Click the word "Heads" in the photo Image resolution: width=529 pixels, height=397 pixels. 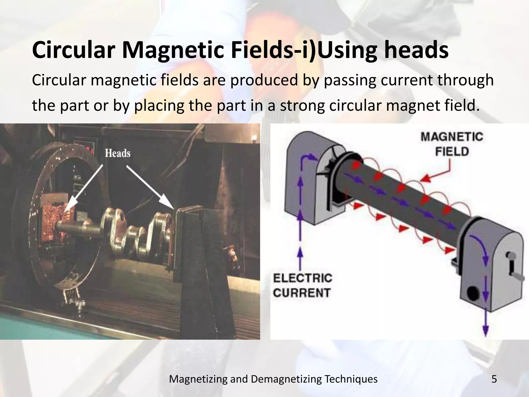118,153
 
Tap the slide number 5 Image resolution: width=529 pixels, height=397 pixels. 494,379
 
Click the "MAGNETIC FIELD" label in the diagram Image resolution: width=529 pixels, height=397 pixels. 452,144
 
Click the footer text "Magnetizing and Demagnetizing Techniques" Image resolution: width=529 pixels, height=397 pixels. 273,379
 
